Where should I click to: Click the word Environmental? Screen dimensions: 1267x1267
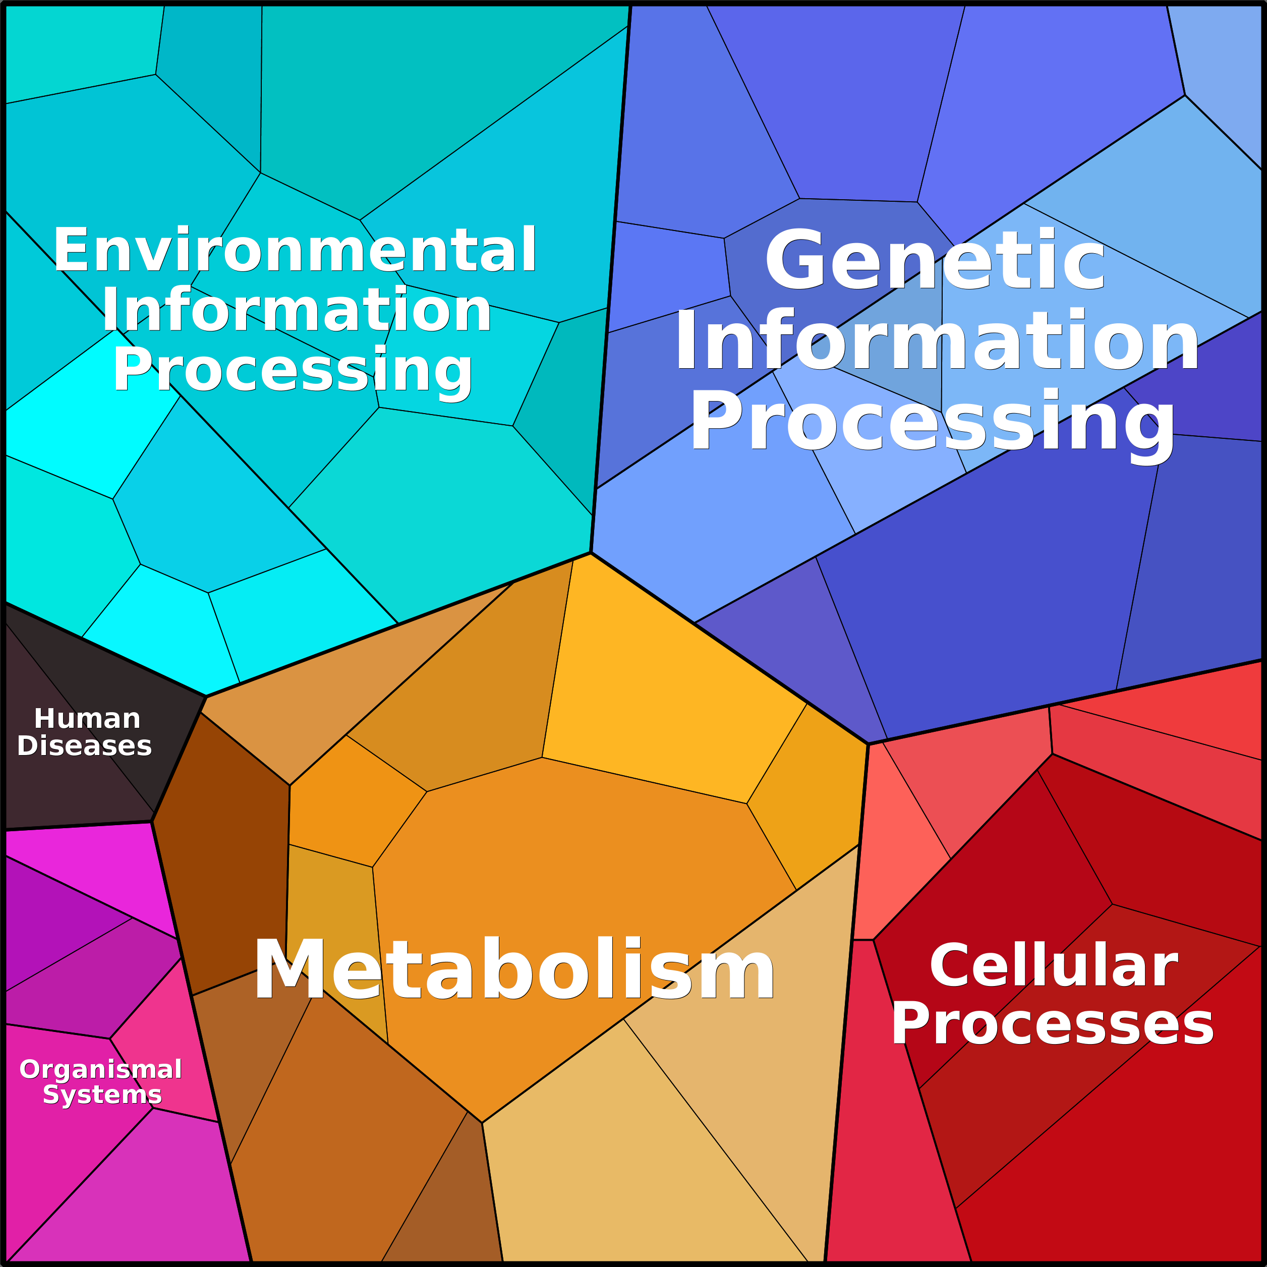point(295,249)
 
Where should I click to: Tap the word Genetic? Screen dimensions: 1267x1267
point(935,260)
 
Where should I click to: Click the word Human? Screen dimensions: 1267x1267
point(87,719)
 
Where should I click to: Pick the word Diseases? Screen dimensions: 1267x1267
point(85,745)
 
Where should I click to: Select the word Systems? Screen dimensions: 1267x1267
point(102,1095)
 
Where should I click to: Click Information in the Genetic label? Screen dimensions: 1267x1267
point(937,341)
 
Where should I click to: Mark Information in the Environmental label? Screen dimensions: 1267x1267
point(297,310)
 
